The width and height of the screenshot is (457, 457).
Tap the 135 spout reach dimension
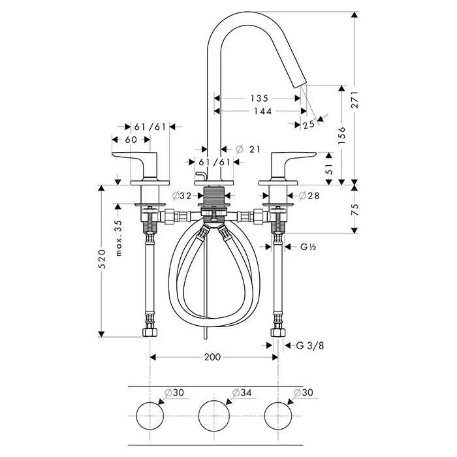259,99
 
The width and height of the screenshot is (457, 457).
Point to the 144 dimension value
259,111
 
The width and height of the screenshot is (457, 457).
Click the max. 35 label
118,238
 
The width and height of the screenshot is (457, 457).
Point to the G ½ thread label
309,247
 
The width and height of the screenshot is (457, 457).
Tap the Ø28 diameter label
309,195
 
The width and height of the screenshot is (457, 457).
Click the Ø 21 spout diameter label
247,150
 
